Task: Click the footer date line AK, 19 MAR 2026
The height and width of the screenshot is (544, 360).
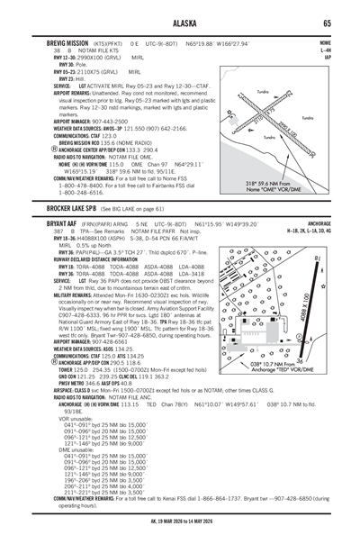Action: pyautogui.click(x=180, y=534)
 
